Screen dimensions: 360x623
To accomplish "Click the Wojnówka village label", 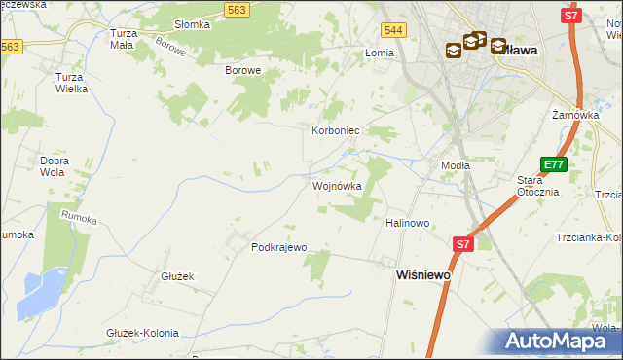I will pyautogui.click(x=337, y=185).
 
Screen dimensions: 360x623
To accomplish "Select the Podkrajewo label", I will pyautogui.click(x=279, y=247).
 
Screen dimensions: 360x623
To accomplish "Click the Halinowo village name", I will pyautogui.click(x=408, y=223).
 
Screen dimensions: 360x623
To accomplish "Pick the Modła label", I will pyautogui.click(x=455, y=165).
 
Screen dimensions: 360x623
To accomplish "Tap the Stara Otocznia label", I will pyautogui.click(x=537, y=186).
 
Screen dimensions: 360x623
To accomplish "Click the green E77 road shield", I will pyautogui.click(x=553, y=165).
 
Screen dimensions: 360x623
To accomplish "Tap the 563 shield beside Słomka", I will pyautogui.click(x=236, y=9).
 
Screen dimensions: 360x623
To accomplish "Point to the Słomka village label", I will pyautogui.click(x=192, y=24).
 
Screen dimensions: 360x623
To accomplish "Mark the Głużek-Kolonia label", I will pyautogui.click(x=142, y=333).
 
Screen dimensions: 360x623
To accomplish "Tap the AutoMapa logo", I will pyautogui.click(x=559, y=341).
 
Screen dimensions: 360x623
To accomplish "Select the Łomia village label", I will pyautogui.click(x=378, y=53).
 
